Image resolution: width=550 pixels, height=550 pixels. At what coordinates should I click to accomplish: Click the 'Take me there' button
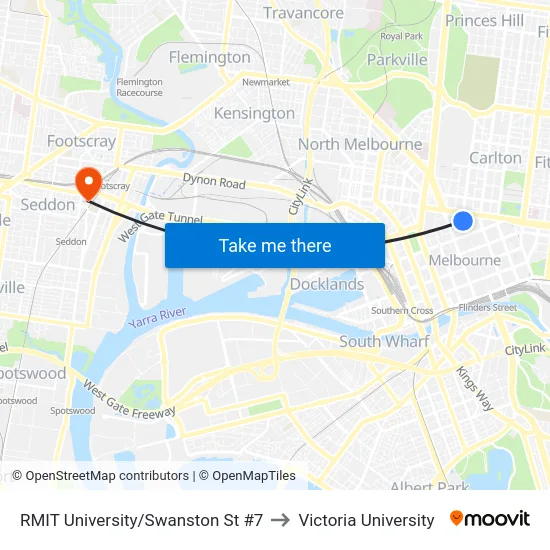coord(275,245)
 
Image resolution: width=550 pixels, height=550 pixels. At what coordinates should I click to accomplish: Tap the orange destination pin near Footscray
coord(88,181)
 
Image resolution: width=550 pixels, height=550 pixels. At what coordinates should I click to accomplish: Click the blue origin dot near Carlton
coord(462,221)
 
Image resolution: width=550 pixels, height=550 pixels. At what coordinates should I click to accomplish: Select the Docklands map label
coord(327,284)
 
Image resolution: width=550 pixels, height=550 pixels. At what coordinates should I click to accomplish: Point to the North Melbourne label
coord(360,144)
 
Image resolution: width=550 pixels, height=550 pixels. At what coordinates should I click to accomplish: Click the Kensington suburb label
coord(254,113)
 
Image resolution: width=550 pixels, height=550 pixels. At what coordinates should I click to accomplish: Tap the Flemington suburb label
coord(209,57)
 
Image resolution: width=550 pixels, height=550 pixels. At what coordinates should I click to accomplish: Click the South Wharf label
coord(384,341)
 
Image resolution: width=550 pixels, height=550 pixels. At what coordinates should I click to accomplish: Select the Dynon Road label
coord(214,182)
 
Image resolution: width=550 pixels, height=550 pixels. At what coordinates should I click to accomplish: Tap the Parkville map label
coord(397,59)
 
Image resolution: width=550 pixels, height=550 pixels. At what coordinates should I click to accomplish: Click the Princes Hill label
coord(484,20)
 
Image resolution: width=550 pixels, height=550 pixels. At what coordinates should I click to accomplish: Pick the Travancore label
coord(303,13)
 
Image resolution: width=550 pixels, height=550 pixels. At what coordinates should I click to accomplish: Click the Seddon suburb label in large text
coord(47,204)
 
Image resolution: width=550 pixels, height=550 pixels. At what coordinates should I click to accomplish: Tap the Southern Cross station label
coord(402,310)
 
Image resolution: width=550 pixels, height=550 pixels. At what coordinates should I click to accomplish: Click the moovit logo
coord(489,519)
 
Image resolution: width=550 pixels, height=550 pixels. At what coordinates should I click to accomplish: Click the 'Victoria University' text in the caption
coord(366,520)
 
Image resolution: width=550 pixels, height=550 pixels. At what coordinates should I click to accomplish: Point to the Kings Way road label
coord(474,386)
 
